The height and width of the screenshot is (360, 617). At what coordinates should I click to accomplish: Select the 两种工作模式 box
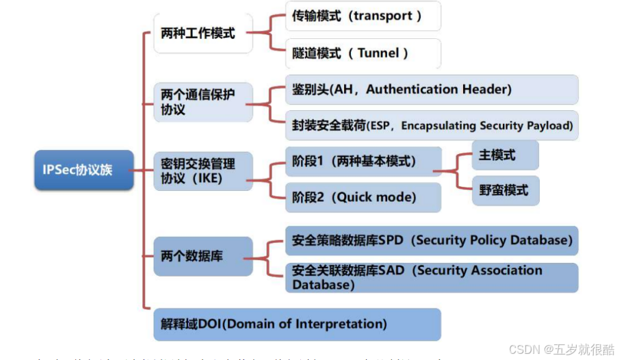click(x=198, y=32)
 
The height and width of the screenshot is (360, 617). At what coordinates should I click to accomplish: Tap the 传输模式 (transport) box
click(x=363, y=16)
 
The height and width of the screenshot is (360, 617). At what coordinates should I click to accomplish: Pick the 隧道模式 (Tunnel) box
click(x=363, y=53)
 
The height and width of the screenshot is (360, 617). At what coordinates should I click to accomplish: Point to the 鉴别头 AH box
click(x=431, y=90)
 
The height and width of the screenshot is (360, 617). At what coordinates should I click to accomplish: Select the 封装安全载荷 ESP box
click(x=431, y=126)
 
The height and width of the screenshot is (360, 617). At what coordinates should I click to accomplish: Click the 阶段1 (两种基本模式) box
click(x=363, y=162)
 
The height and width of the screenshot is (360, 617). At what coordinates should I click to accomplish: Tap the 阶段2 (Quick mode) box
click(x=363, y=197)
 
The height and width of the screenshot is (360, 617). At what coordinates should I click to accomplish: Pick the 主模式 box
click(x=505, y=155)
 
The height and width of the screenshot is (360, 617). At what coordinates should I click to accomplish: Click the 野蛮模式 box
click(x=505, y=191)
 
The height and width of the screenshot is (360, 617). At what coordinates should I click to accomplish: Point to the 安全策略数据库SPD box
click(x=431, y=240)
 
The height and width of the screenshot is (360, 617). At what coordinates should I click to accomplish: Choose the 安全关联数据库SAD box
click(x=431, y=277)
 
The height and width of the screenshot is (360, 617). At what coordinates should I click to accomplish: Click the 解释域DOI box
click(x=296, y=324)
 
